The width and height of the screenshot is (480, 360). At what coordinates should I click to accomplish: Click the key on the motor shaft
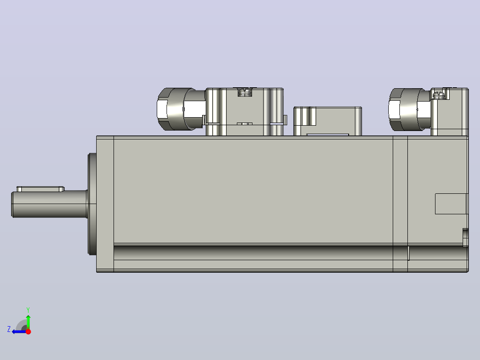click(41, 189)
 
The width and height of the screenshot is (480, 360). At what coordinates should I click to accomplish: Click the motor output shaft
click(49, 205)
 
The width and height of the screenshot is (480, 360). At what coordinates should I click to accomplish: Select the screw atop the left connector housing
click(245, 92)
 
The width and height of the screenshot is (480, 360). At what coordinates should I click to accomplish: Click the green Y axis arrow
click(28, 322)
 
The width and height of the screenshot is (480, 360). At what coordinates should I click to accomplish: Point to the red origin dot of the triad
click(28, 331)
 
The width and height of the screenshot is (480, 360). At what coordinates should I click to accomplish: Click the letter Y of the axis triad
click(28, 310)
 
